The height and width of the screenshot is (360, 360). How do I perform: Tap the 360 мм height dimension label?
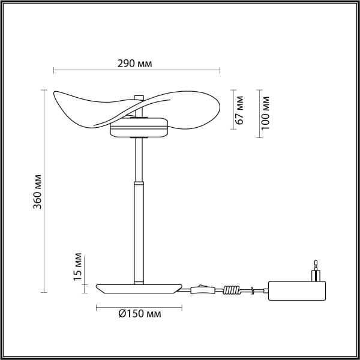[x=37, y=190]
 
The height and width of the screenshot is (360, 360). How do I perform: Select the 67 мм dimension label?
[x=239, y=109]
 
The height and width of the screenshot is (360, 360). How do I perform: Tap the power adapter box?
[x=298, y=292]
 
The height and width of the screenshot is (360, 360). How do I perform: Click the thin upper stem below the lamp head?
[x=139, y=159]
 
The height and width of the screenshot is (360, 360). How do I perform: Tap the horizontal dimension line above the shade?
[x=137, y=71]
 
